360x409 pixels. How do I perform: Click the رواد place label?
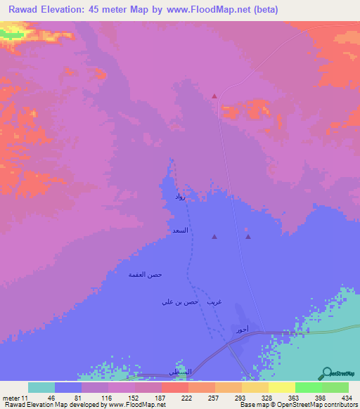180,199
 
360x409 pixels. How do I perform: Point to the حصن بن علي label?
176,302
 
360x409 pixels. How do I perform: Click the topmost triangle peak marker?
214,96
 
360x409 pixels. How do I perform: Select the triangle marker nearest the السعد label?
214,237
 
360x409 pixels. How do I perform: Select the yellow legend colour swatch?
281,387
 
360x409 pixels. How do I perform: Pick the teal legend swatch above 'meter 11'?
41,387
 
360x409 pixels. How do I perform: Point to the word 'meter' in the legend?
12,398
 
